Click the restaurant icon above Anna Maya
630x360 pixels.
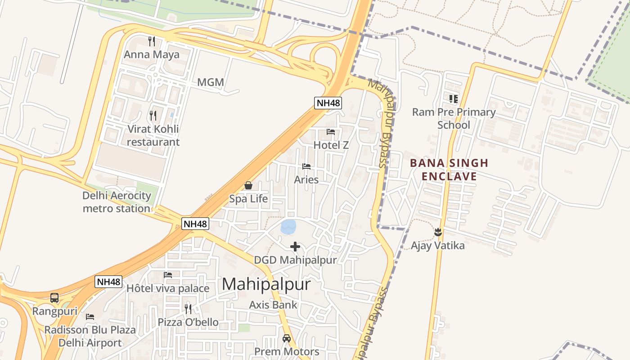(152, 41)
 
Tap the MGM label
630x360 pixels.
(211, 82)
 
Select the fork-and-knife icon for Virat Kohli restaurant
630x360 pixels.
(153, 116)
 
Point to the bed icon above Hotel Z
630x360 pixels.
(331, 132)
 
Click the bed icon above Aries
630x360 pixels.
(306, 166)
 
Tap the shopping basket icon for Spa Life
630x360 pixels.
(248, 185)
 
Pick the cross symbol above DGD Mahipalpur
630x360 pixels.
(295, 247)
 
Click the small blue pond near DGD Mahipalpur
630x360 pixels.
(288, 226)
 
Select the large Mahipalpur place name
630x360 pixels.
(266, 284)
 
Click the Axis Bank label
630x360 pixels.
(273, 305)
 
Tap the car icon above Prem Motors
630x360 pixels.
(287, 338)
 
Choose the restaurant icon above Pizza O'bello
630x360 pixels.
(188, 309)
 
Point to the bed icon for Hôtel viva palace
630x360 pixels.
(168, 274)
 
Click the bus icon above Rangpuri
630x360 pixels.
(54, 298)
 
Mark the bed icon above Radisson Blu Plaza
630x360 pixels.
(90, 317)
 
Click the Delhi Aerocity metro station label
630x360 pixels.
(117, 202)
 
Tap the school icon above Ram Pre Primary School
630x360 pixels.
(453, 99)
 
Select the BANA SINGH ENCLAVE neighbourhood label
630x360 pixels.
(449, 170)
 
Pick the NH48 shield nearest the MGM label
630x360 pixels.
(328, 103)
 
